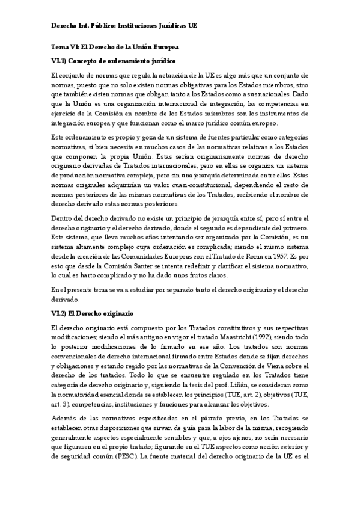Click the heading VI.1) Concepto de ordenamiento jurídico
(x=114, y=61)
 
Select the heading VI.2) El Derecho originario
(x=92, y=314)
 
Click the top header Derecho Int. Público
(x=82, y=26)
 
